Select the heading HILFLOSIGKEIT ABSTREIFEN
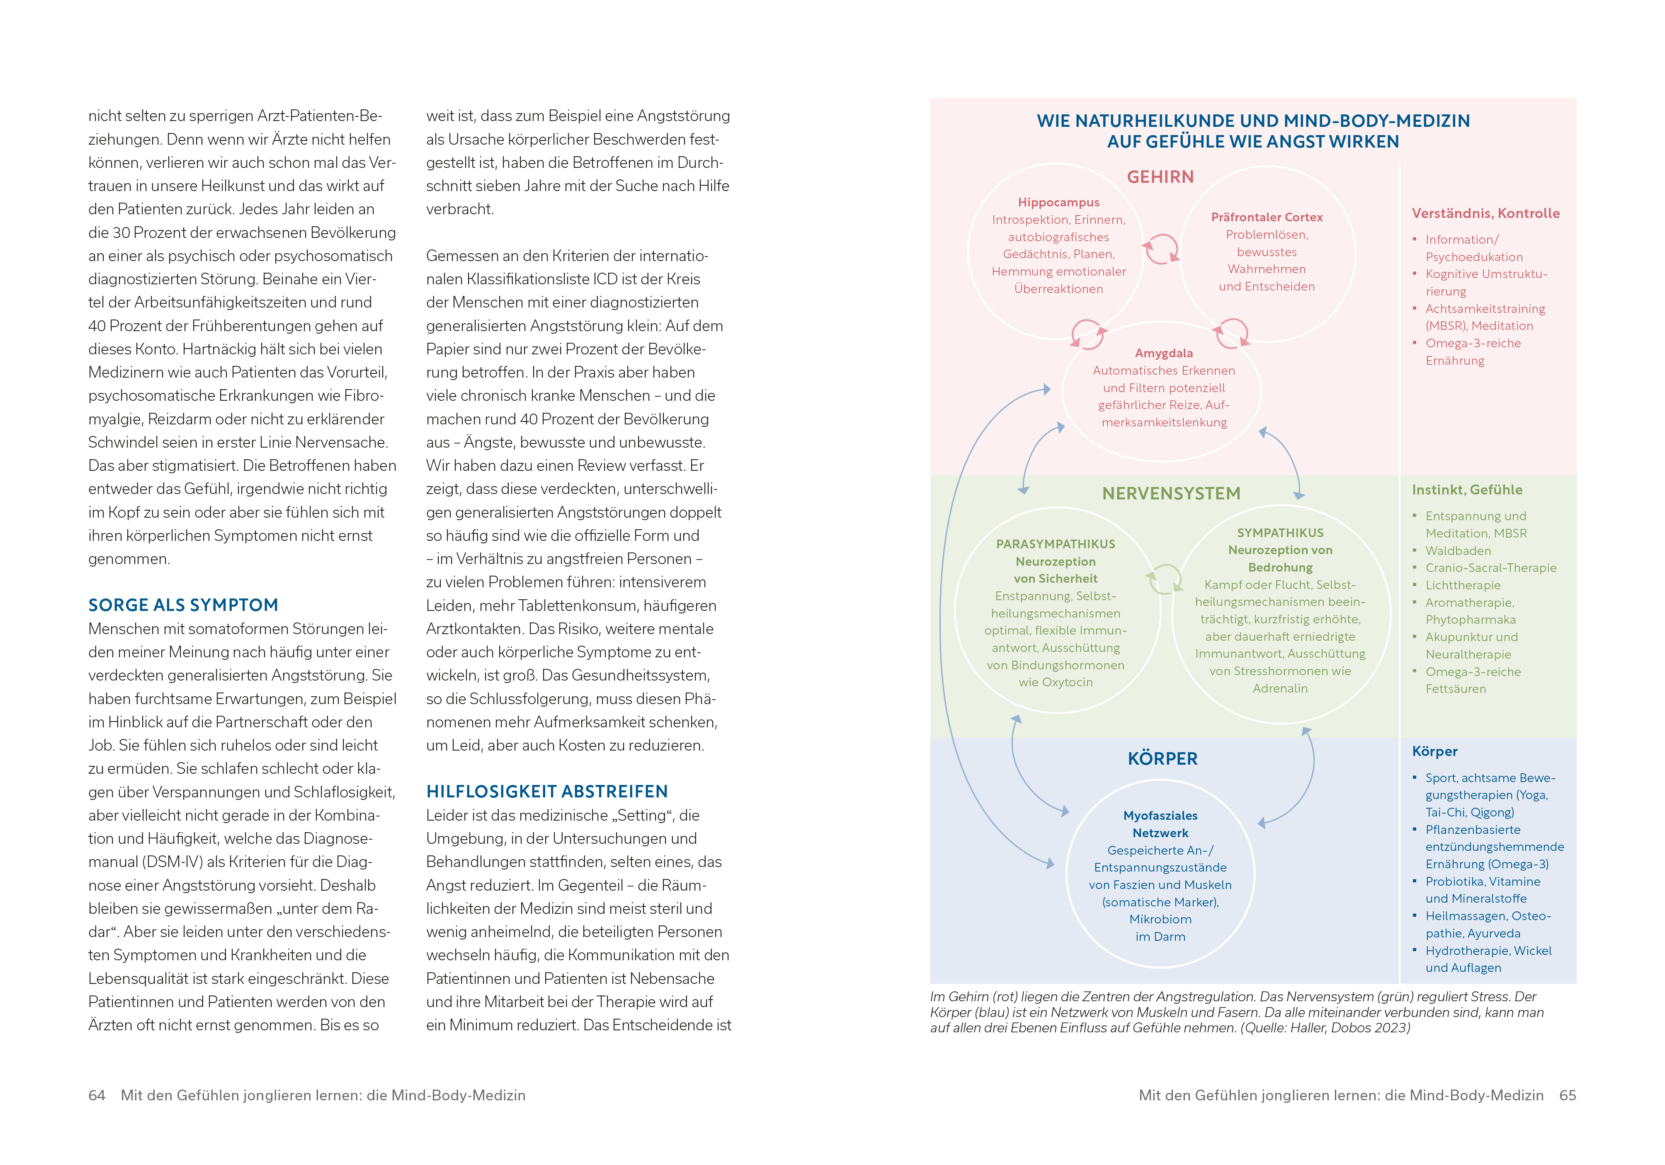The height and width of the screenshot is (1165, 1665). click(547, 792)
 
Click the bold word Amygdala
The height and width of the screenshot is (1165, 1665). click(1163, 353)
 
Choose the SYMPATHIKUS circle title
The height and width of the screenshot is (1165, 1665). click(1280, 533)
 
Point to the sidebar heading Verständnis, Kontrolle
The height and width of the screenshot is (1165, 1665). click(1485, 213)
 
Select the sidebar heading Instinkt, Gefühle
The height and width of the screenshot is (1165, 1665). click(1466, 490)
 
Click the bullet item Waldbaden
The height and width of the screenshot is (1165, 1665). click(1458, 551)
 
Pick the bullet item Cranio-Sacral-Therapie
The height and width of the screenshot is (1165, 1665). click(1490, 568)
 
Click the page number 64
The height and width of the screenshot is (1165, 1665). click(97, 1095)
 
